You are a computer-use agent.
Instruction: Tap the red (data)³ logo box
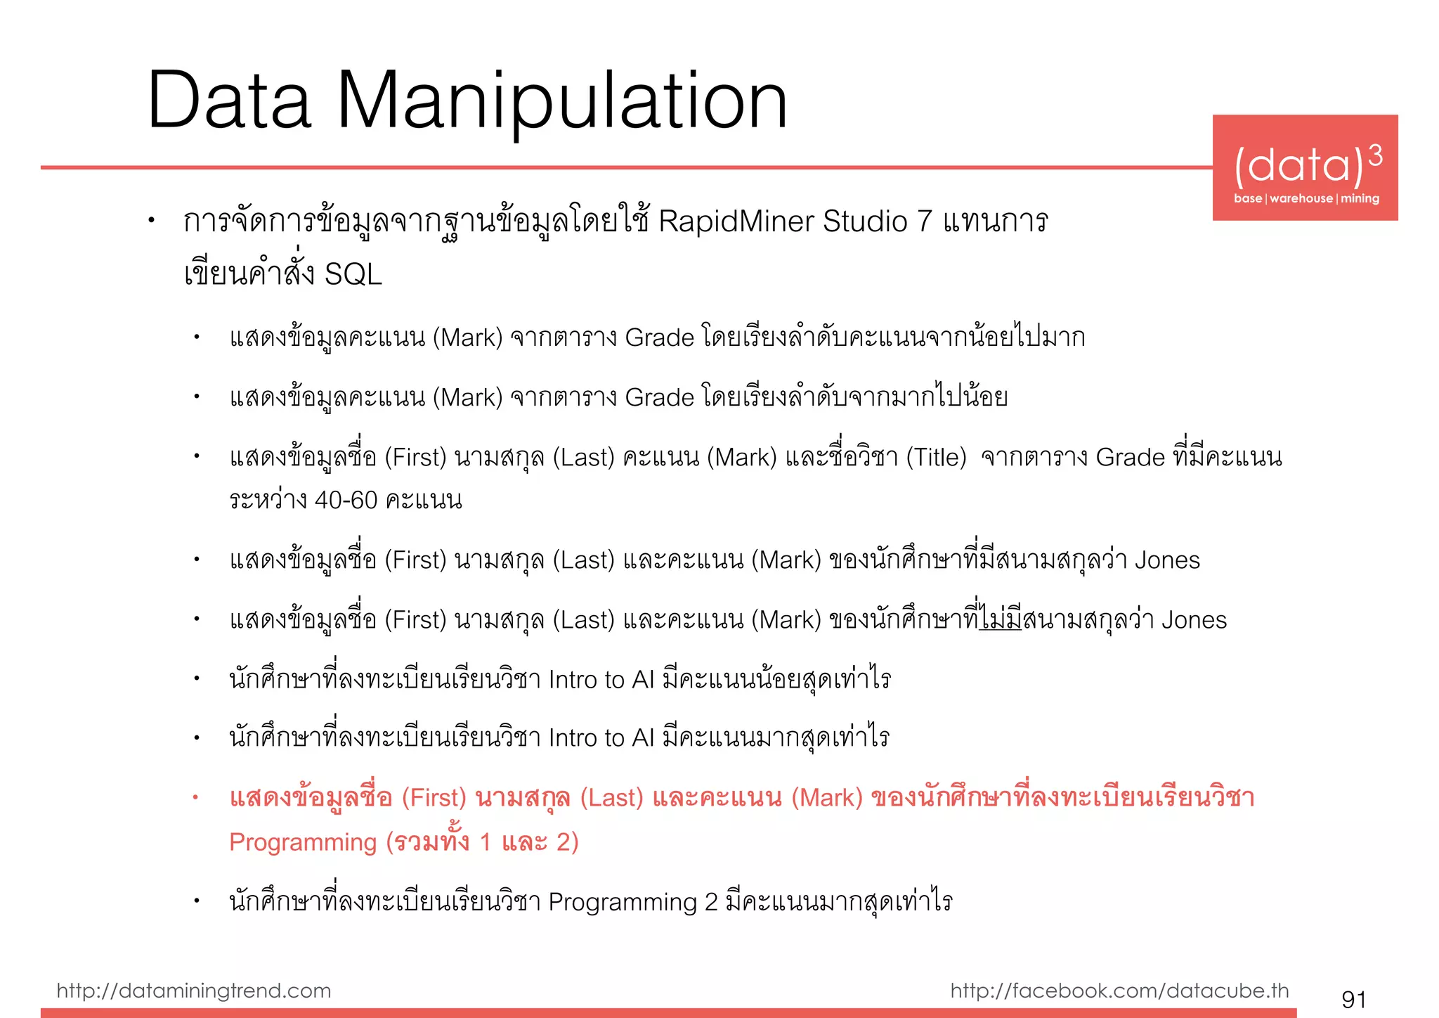[1305, 167]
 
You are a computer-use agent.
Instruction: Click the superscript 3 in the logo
[1375, 155]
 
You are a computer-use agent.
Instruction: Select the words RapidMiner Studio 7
[794, 221]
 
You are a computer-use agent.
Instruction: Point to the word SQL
[353, 274]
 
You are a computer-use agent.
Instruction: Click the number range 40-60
[346, 500]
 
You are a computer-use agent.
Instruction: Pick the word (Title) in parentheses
[936, 458]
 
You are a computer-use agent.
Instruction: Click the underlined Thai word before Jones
[1001, 619]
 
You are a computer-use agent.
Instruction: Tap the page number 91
[1354, 998]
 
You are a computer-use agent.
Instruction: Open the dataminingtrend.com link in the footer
[194, 991]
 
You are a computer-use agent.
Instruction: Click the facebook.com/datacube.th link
[1119, 991]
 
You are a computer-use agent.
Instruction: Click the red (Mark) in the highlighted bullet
[827, 798]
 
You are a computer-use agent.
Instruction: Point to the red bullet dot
[196, 797]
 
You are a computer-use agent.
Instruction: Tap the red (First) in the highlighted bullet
[434, 798]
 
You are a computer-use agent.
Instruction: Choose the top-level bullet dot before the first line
[151, 221]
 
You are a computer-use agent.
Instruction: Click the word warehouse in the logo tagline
[1301, 199]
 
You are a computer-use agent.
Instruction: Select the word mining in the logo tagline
[1360, 199]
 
